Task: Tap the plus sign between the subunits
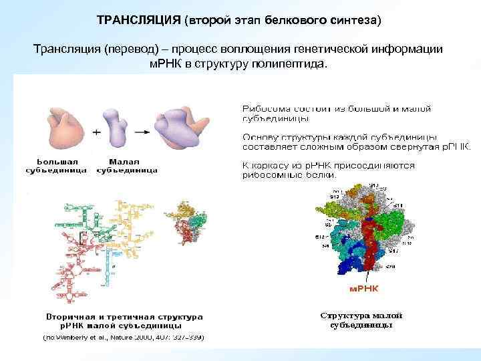point(96,132)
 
